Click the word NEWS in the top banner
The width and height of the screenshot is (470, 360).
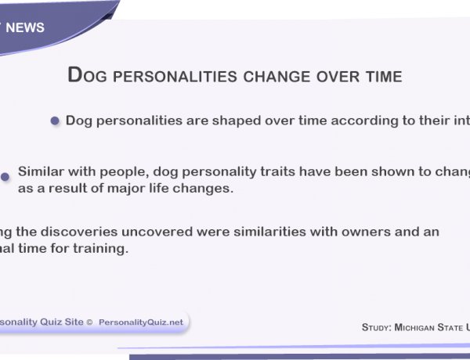coord(25,28)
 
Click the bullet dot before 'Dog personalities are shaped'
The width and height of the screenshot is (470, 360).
coord(55,121)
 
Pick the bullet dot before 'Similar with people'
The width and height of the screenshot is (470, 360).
coord(5,177)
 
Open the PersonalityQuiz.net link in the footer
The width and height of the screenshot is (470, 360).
coord(141,322)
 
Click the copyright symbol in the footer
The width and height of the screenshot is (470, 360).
coord(90,322)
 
